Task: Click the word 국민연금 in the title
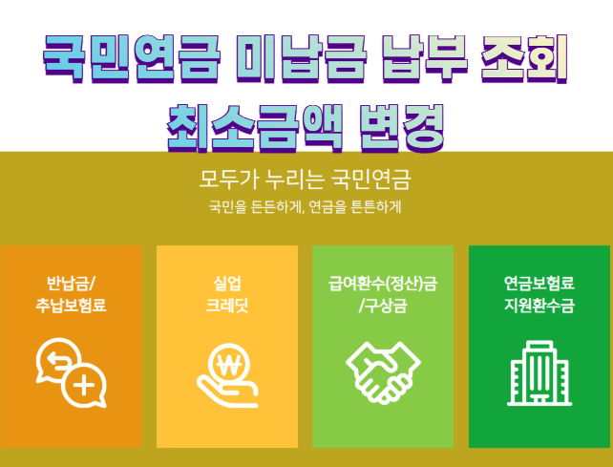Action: coord(132,58)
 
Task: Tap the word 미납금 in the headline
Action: coord(302,58)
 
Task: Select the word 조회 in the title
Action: coord(524,58)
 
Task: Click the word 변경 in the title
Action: coord(402,128)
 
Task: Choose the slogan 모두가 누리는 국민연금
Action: coord(305,180)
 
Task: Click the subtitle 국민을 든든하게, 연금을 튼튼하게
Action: coord(305,207)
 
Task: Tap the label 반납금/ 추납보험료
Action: coord(71,294)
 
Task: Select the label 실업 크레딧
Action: coord(227,294)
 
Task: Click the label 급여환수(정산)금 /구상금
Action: coord(383,294)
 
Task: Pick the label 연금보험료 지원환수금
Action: coord(539,294)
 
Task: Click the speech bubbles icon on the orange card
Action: coord(72,372)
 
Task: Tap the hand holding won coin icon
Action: coord(227,375)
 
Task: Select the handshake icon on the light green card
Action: coord(383,372)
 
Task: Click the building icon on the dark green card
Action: coord(539,372)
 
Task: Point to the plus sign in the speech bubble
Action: coord(84,386)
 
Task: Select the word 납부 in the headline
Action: coord(425,58)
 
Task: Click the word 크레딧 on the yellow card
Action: coord(227,305)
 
